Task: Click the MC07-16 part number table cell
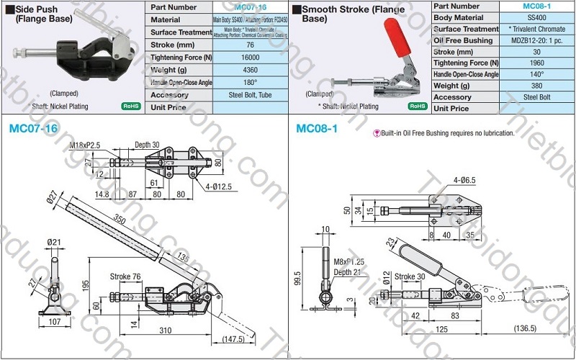(x=250, y=7)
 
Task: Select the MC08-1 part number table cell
(x=536, y=6)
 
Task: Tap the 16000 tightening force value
(x=250, y=57)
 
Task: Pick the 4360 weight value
(x=250, y=70)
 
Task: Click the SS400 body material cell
(x=536, y=17)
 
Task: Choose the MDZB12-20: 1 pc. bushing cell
(x=536, y=40)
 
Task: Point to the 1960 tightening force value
(x=536, y=63)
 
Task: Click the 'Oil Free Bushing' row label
(x=464, y=40)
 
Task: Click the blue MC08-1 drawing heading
(x=318, y=128)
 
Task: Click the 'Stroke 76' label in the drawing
(x=126, y=276)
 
